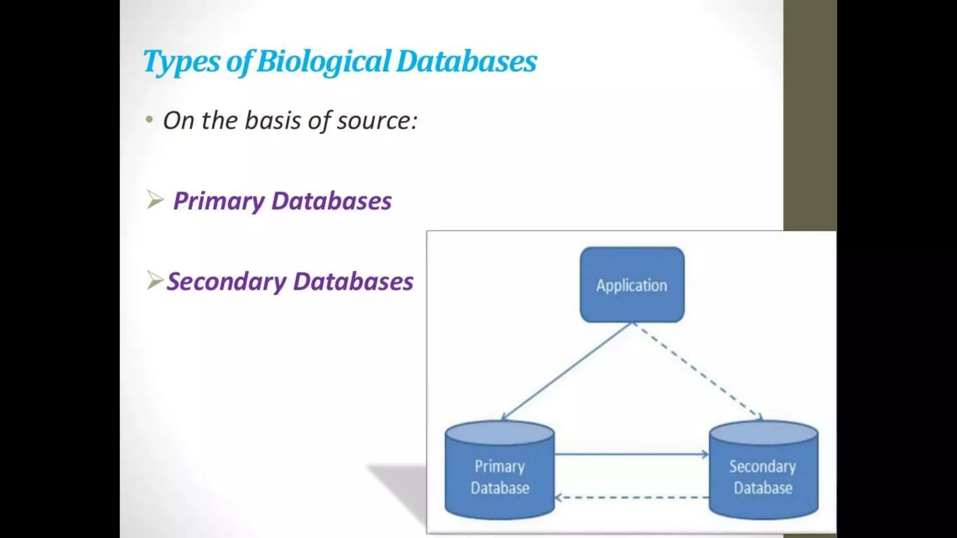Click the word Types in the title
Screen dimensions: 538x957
pyautogui.click(x=181, y=62)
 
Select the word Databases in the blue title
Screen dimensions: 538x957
pyautogui.click(x=466, y=62)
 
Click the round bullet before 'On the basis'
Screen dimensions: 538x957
pyautogui.click(x=150, y=120)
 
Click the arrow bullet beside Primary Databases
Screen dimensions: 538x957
pyautogui.click(x=155, y=200)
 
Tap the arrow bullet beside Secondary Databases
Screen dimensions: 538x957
pyautogui.click(x=155, y=280)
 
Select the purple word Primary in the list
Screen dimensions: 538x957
pyautogui.click(x=219, y=201)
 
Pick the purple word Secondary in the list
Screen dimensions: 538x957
pyautogui.click(x=226, y=282)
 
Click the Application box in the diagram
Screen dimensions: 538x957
pyautogui.click(x=632, y=285)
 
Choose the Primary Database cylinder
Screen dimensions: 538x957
pyautogui.click(x=500, y=472)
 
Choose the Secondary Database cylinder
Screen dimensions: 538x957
pyautogui.click(x=763, y=472)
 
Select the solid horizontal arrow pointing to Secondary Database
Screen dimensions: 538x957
pyautogui.click(x=631, y=454)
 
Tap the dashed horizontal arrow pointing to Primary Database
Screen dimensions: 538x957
pyautogui.click(x=631, y=497)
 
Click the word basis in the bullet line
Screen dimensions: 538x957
pyautogui.click(x=273, y=120)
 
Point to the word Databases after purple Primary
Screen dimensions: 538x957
pyautogui.click(x=331, y=201)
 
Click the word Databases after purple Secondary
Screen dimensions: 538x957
pyautogui.click(x=353, y=282)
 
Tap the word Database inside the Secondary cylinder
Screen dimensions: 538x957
pyautogui.click(x=763, y=488)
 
